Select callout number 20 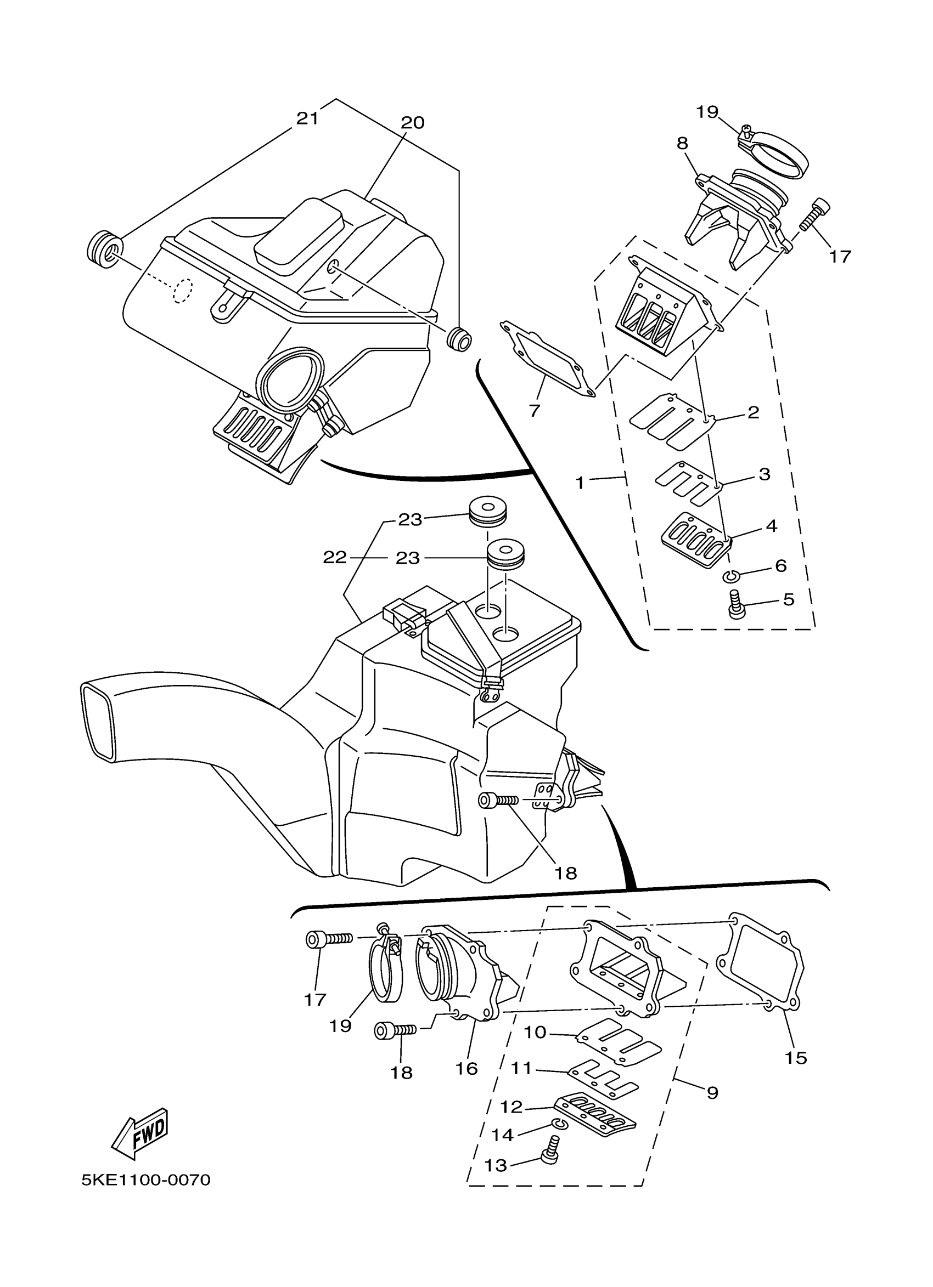(413, 123)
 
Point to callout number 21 (307, 118)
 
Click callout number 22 (334, 557)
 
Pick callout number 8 (683, 143)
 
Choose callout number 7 (534, 411)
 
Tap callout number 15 (796, 1057)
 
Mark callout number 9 (713, 1092)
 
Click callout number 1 (580, 483)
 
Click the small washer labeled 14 (558, 1124)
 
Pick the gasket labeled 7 (547, 359)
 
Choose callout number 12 (511, 1107)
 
